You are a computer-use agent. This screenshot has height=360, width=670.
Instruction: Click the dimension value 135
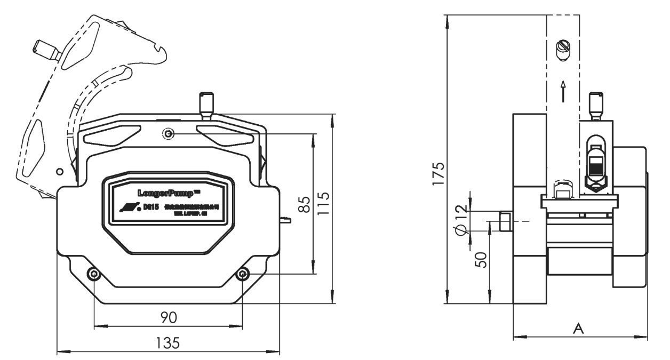pyautogui.click(x=168, y=342)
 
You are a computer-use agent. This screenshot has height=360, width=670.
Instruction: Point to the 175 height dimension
pyautogui.click(x=438, y=172)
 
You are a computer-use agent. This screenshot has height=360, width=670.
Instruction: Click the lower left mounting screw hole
pyautogui.click(x=94, y=274)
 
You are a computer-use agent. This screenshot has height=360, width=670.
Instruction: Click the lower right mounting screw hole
pyautogui.click(x=243, y=274)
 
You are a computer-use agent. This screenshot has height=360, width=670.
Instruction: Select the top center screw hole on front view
pyautogui.click(x=169, y=134)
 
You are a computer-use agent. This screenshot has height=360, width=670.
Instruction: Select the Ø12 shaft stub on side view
pyautogui.click(x=504, y=221)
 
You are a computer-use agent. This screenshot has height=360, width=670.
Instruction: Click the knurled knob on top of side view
pyautogui.click(x=596, y=104)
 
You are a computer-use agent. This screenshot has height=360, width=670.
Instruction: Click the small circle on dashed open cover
pyautogui.click(x=59, y=171)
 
